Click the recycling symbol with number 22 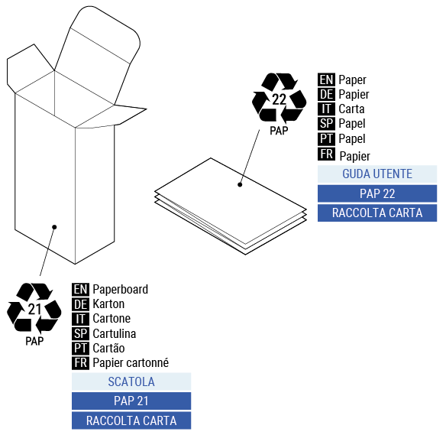pos(279,98)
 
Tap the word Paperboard pos(120,289)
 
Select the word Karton pos(108,304)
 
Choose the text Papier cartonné pos(131,362)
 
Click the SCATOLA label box pos(131,381)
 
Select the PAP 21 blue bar pos(131,401)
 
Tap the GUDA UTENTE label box pos(377,174)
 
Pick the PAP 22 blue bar pos(377,193)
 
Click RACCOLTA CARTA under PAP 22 pos(377,213)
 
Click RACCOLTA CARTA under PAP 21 pos(131,420)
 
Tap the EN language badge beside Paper pos(326,80)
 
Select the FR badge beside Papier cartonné pos(80,362)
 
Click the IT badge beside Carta pos(326,109)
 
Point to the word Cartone pos(112,318)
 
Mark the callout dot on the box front pos(54,226)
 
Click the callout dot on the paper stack pos(240,184)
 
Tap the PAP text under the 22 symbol pos(279,131)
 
